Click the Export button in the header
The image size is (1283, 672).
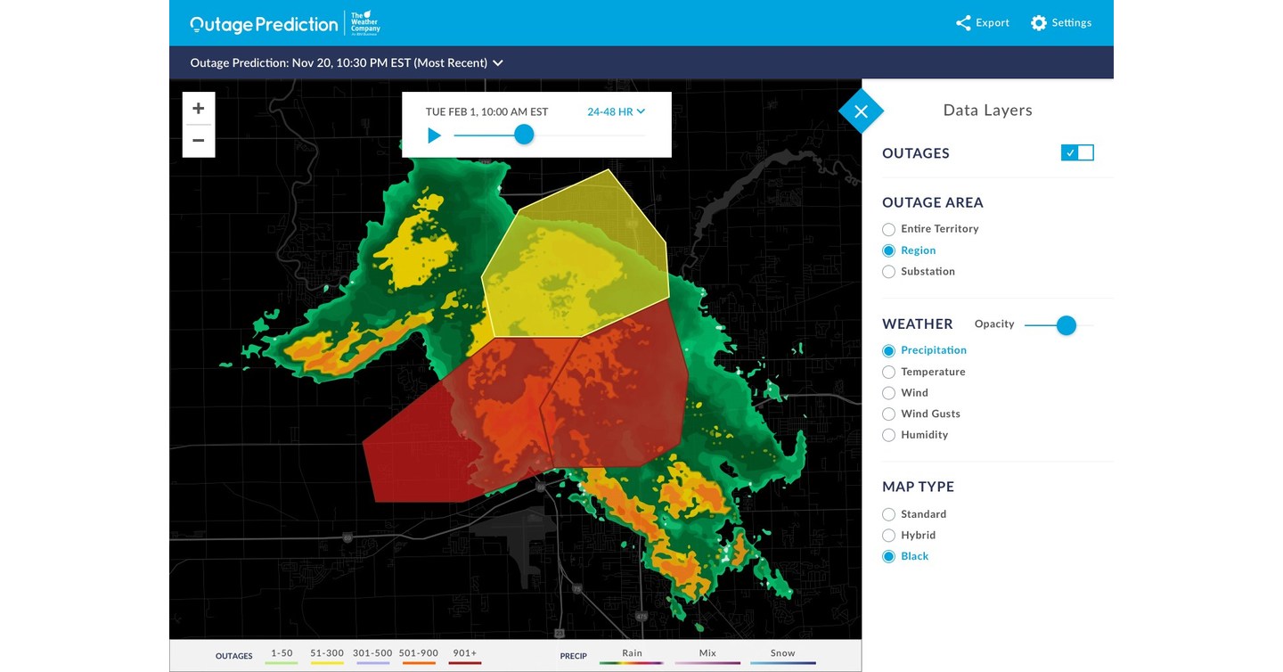(982, 23)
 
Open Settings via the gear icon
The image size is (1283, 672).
(1039, 23)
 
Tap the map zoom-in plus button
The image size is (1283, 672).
(199, 109)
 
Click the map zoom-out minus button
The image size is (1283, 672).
(199, 141)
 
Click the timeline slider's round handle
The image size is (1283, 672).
(524, 135)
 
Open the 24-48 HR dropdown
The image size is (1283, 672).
(616, 111)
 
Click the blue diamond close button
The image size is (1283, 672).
(861, 111)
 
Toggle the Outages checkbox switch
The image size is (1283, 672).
(1077, 152)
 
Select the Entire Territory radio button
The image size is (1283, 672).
(888, 229)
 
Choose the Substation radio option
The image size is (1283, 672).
(888, 272)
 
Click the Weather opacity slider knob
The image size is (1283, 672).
(1066, 325)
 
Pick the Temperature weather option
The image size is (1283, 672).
(888, 372)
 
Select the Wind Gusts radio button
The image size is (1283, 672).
(888, 414)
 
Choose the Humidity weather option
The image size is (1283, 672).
(888, 436)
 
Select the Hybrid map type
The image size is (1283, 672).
(888, 536)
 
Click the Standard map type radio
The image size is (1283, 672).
(888, 514)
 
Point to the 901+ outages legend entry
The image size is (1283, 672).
(464, 653)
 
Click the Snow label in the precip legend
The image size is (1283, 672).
(782, 653)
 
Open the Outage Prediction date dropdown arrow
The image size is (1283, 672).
(498, 63)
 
